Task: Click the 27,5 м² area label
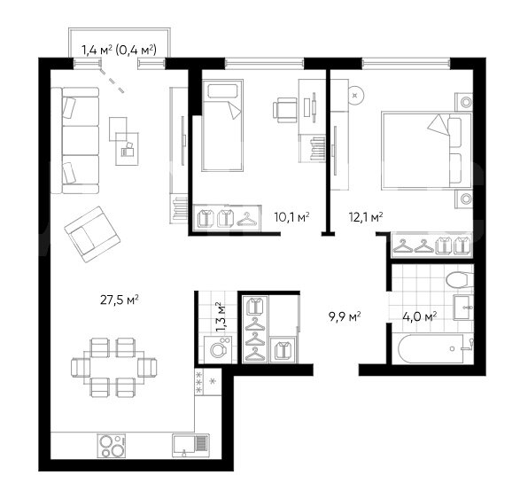(120, 300)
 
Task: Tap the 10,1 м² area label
(292, 217)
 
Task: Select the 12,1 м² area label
(366, 217)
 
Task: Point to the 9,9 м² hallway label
(345, 316)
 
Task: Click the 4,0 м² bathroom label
(420, 316)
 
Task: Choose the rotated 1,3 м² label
(221, 316)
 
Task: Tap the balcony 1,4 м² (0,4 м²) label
(119, 50)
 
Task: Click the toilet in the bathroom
(460, 281)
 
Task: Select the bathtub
(436, 349)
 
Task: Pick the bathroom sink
(463, 308)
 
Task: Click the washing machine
(218, 349)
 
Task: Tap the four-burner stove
(112, 446)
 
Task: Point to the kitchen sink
(190, 445)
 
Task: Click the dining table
(114, 368)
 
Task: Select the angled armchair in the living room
(92, 234)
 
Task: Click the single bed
(222, 125)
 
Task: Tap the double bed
(427, 151)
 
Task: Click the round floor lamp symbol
(355, 96)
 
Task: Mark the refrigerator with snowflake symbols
(208, 381)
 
